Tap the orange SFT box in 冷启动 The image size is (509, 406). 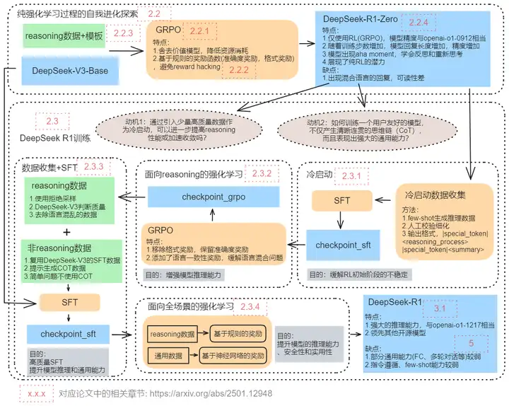342,201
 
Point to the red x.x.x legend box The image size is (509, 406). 35,393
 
